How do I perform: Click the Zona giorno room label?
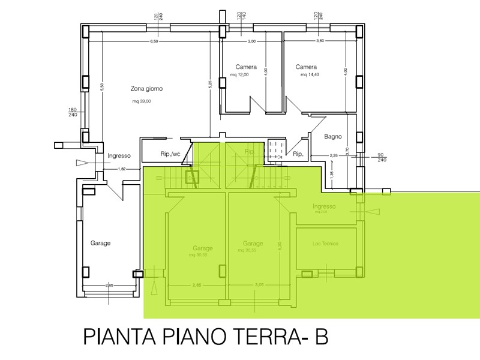click(147, 89)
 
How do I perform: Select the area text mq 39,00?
click(142, 101)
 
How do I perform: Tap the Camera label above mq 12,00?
click(246, 67)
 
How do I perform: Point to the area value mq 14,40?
click(311, 76)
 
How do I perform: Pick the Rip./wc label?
click(170, 154)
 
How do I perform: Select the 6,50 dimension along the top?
click(154, 41)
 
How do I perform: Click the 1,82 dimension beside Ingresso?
click(122, 169)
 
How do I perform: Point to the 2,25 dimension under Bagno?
click(334, 157)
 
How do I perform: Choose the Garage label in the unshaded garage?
click(100, 243)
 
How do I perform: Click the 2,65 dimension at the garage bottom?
click(109, 285)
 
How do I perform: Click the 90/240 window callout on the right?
click(381, 157)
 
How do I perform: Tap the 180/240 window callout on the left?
click(73, 112)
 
